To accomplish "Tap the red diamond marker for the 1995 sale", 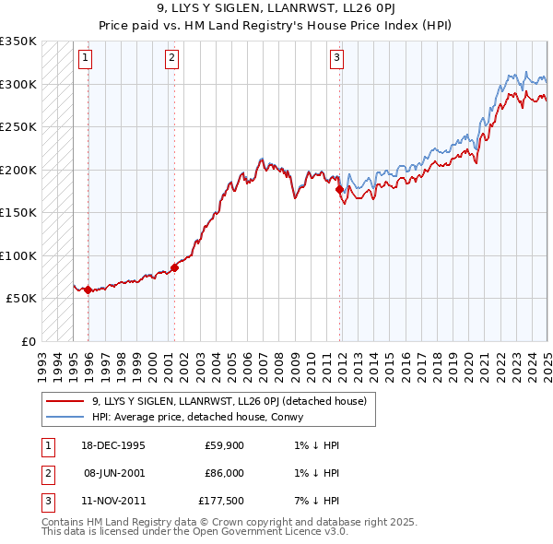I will (88, 290).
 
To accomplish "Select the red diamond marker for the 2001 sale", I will (174, 267).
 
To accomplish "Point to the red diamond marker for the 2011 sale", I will (340, 190).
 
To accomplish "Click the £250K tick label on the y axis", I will (18, 126).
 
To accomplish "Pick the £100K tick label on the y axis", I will (18, 255).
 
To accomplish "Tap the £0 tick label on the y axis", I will (28, 341).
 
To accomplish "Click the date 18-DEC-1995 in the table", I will (113, 445).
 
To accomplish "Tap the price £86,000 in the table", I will (224, 473).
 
